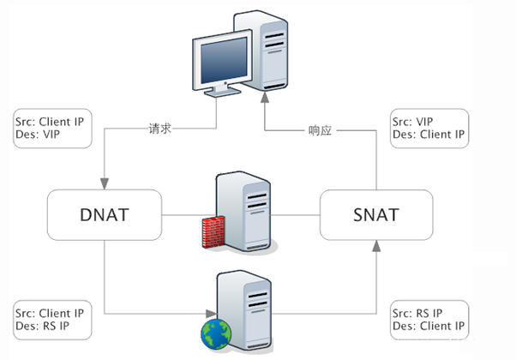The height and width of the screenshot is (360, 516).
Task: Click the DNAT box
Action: pos(105,214)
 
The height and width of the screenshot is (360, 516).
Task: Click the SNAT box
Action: pos(375,214)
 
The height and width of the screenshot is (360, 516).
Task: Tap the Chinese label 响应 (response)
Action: pos(320,131)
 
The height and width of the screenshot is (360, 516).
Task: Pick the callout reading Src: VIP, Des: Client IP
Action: pos(429,129)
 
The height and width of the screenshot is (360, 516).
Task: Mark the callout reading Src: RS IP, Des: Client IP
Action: pos(429,319)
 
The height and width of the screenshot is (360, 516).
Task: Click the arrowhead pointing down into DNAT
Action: pos(105,183)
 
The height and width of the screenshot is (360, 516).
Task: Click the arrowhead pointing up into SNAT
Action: pos(375,246)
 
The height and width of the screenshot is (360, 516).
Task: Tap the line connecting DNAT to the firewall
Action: pos(180,214)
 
